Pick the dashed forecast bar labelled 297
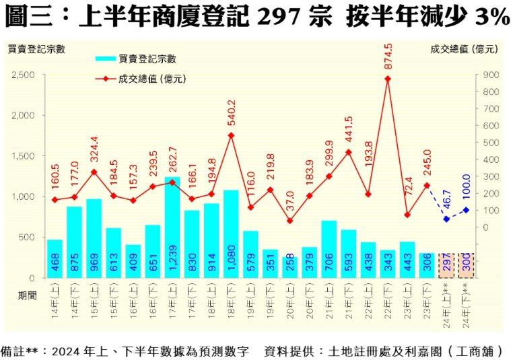(x=446, y=266)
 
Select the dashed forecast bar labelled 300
(x=466, y=266)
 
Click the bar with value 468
(x=55, y=258)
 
